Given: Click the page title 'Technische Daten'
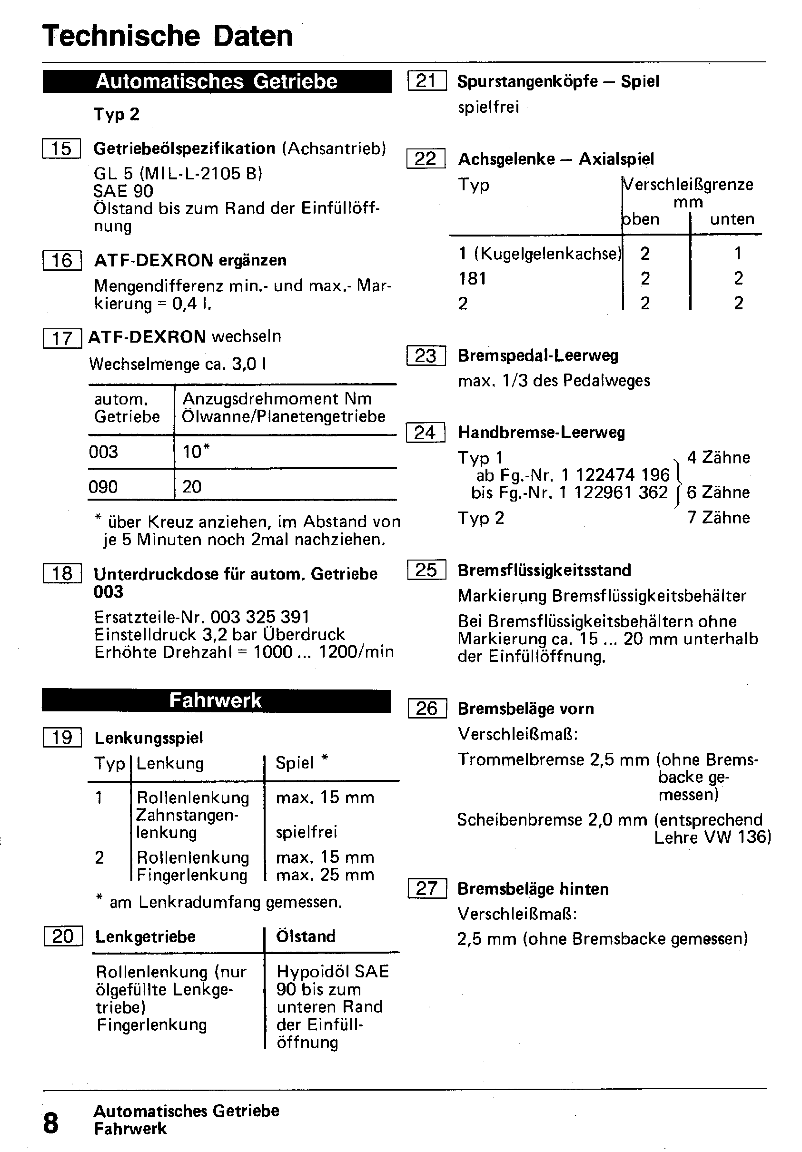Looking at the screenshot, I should point(168,36).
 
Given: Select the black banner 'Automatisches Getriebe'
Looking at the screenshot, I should point(217,81).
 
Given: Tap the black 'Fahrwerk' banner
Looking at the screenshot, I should point(216,700).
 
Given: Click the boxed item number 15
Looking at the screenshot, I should point(61,148).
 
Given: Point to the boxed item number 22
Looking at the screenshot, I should point(426,158).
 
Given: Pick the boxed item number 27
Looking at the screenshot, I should point(426,888).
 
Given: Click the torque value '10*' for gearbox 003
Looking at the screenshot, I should point(196,452).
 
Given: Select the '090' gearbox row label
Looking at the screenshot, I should point(103,487).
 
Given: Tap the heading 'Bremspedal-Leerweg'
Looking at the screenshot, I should point(538,356).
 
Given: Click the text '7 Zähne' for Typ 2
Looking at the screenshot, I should point(719,517).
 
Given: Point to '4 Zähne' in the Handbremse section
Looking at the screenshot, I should point(719,458).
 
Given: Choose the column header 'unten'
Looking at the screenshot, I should point(732,219).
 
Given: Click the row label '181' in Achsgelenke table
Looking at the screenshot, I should point(472,278).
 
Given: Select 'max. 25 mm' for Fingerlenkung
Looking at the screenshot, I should point(325,875).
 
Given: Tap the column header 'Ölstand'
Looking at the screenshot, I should point(306,936).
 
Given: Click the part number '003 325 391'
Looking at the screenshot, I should point(260,617).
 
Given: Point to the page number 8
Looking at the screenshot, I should point(50,1122).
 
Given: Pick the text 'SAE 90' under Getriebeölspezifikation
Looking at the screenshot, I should point(123,191).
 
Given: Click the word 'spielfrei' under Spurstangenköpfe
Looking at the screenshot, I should point(488,107).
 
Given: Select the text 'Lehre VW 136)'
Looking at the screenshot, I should point(713,837).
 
